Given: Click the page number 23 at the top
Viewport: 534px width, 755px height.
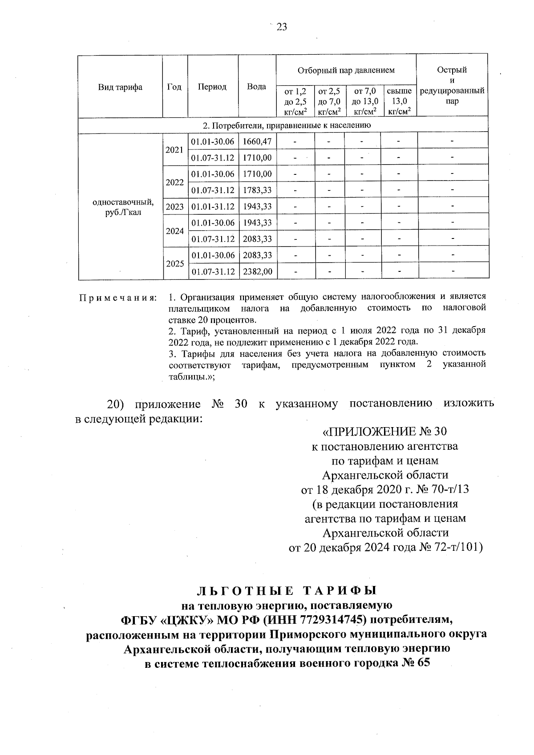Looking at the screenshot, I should point(282,27).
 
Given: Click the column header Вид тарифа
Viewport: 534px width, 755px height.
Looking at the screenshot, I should point(120,87).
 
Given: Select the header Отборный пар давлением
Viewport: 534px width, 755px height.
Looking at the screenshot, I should point(346,70).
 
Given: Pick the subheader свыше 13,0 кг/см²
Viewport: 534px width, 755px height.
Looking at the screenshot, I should point(399,101).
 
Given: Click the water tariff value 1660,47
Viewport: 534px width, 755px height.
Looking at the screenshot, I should point(257,141).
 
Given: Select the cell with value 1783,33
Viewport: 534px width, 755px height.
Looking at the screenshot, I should point(257,190).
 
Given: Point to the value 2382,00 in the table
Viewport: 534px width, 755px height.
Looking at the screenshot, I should point(257,271).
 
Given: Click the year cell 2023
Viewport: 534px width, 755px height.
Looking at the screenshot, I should point(174,207).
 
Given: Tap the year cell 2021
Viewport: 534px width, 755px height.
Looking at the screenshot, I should point(174,150).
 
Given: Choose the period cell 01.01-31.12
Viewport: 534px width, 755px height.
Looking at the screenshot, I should point(213,207).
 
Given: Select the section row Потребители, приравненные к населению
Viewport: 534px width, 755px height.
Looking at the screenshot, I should point(283,125).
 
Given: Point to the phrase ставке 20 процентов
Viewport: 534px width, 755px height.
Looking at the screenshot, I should point(212,320).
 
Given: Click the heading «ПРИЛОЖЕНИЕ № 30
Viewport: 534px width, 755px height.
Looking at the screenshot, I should point(384,432).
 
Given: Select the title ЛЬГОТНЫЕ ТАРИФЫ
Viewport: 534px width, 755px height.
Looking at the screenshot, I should point(287,591).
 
